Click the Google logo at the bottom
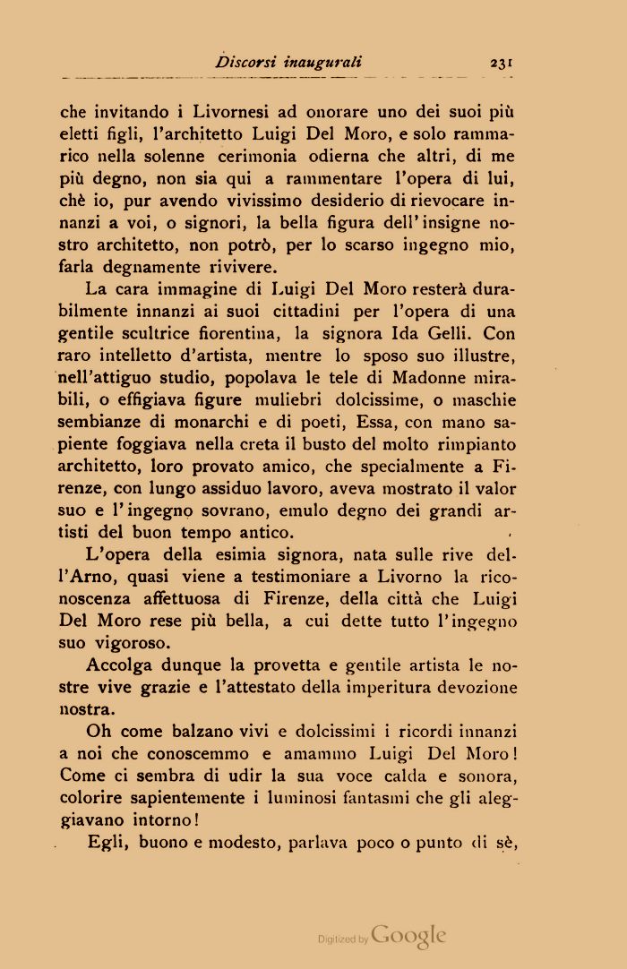408,935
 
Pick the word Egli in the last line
107,842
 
